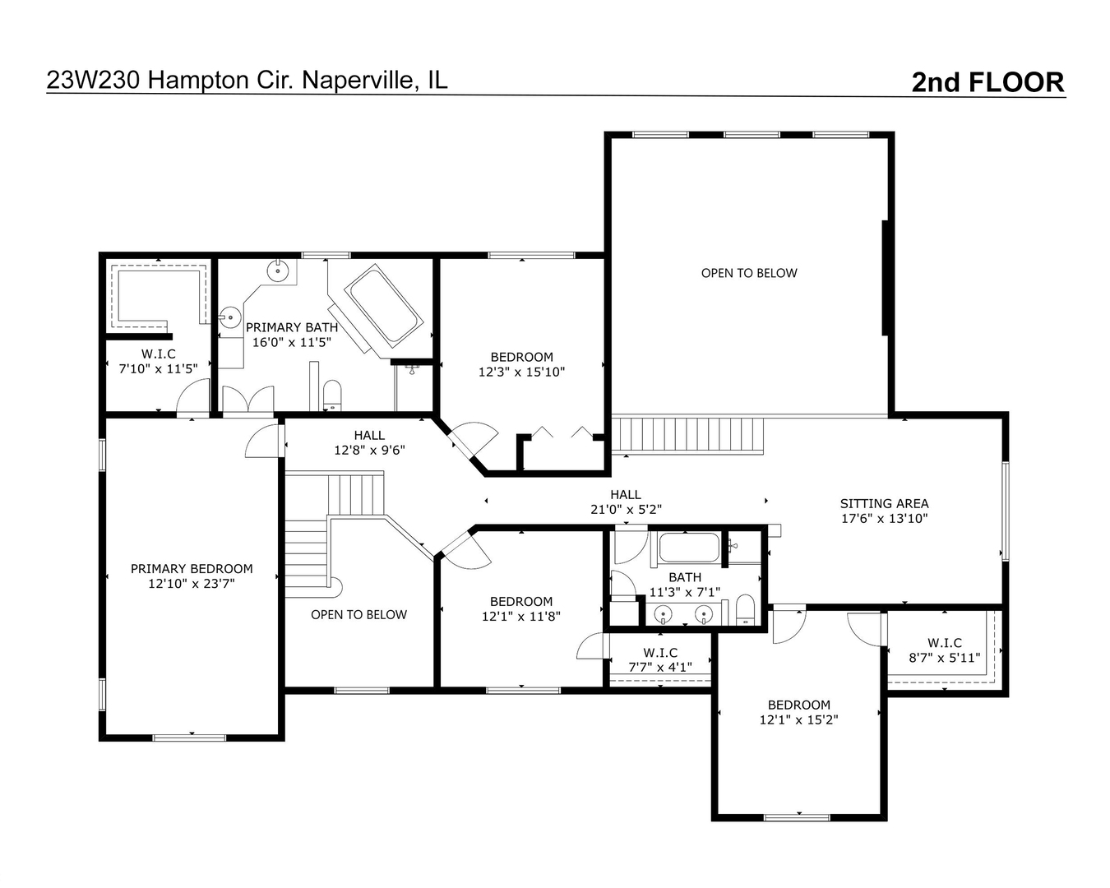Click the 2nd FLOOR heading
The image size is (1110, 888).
987,82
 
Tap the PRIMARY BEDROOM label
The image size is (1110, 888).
192,569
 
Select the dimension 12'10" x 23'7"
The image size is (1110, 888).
192,584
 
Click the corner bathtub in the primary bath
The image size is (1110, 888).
384,304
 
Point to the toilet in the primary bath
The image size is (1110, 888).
331,395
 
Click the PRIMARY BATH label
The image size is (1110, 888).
291,327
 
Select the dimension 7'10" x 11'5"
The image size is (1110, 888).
159,369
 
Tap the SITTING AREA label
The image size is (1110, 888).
884,503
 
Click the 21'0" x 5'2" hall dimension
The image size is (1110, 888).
626,509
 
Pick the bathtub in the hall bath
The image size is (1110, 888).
689,548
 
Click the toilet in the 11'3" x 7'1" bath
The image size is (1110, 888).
745,609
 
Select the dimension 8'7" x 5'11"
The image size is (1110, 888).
944,658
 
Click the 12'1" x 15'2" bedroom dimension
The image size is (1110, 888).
798,719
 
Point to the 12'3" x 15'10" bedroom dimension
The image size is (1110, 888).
521,372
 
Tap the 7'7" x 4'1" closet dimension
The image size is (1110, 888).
660,667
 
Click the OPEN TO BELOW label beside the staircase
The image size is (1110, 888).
358,614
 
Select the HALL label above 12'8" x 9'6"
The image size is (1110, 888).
369,435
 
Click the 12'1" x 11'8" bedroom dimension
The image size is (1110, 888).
521,616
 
